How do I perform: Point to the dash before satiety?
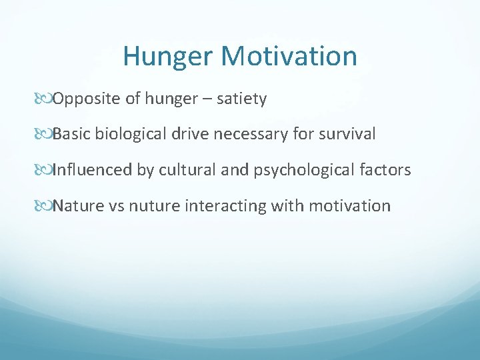point(211,99)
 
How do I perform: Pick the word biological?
point(131,134)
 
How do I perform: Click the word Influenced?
point(93,170)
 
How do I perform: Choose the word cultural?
point(186,170)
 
